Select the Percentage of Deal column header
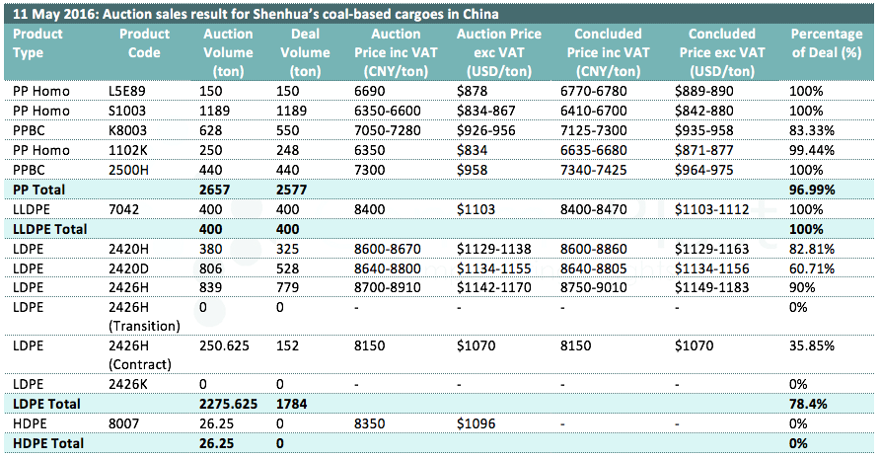click(x=827, y=51)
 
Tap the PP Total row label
click(x=38, y=188)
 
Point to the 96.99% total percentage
click(x=812, y=188)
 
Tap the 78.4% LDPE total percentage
click(x=808, y=404)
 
